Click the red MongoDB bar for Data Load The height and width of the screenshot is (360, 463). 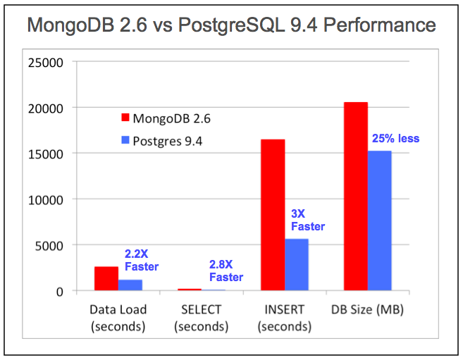[106, 278]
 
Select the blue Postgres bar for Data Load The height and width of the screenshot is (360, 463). [130, 285]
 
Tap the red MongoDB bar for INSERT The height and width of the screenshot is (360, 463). [273, 215]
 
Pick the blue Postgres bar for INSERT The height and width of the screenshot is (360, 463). [297, 264]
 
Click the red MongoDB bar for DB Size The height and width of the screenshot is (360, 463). [356, 197]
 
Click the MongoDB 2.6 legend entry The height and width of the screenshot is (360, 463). [166, 118]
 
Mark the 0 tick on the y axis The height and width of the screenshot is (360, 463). [61, 291]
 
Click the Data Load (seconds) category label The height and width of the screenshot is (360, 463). [118, 318]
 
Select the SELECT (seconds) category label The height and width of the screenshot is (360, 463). [201, 318]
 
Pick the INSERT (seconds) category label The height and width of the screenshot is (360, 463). [284, 318]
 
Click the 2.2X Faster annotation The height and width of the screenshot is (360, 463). [141, 260]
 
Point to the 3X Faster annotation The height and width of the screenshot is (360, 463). [308, 220]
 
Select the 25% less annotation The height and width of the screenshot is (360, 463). [395, 139]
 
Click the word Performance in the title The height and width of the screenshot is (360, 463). [379, 26]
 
